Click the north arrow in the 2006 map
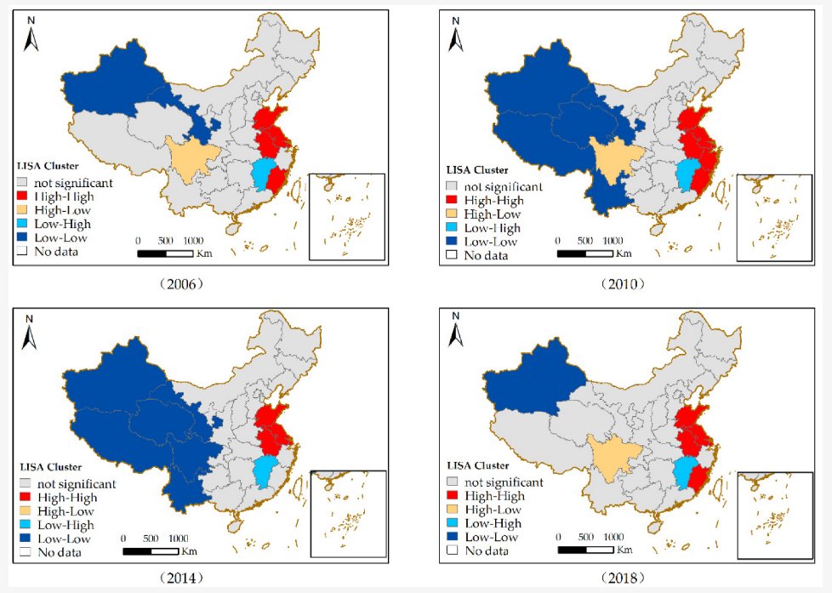coord(31,35)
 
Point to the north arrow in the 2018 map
coord(457,333)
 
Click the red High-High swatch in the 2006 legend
coord(24,196)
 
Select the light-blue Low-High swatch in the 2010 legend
coord(451,228)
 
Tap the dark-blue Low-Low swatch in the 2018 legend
coord(451,537)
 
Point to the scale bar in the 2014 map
coord(151,550)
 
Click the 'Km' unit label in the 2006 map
coord(203,253)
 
